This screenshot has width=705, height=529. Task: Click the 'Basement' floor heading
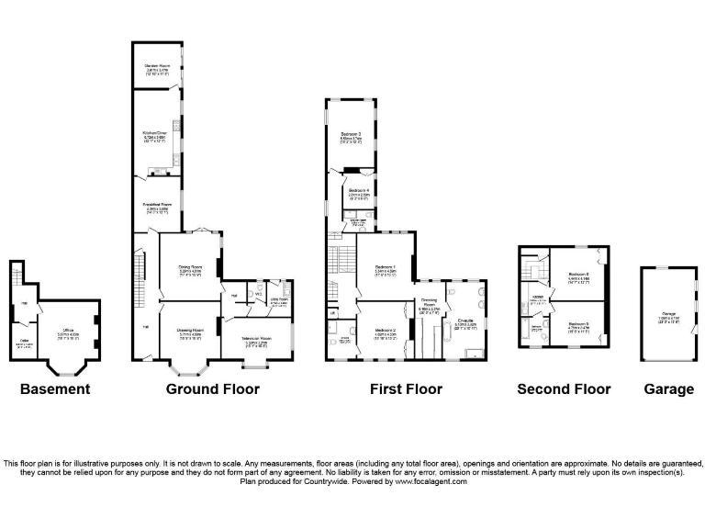[x=56, y=389]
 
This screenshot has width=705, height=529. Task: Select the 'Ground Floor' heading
[x=212, y=389]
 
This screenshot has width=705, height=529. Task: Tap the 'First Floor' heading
[x=406, y=389]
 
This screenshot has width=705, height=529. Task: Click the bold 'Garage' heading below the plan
[x=668, y=389]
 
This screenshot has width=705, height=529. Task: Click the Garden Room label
[x=160, y=67]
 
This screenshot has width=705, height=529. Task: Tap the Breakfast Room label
[x=159, y=207]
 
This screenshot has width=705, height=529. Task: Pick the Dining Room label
[x=190, y=268]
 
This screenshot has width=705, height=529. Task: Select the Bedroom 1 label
[x=385, y=269]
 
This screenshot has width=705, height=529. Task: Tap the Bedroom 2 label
[x=386, y=332]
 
